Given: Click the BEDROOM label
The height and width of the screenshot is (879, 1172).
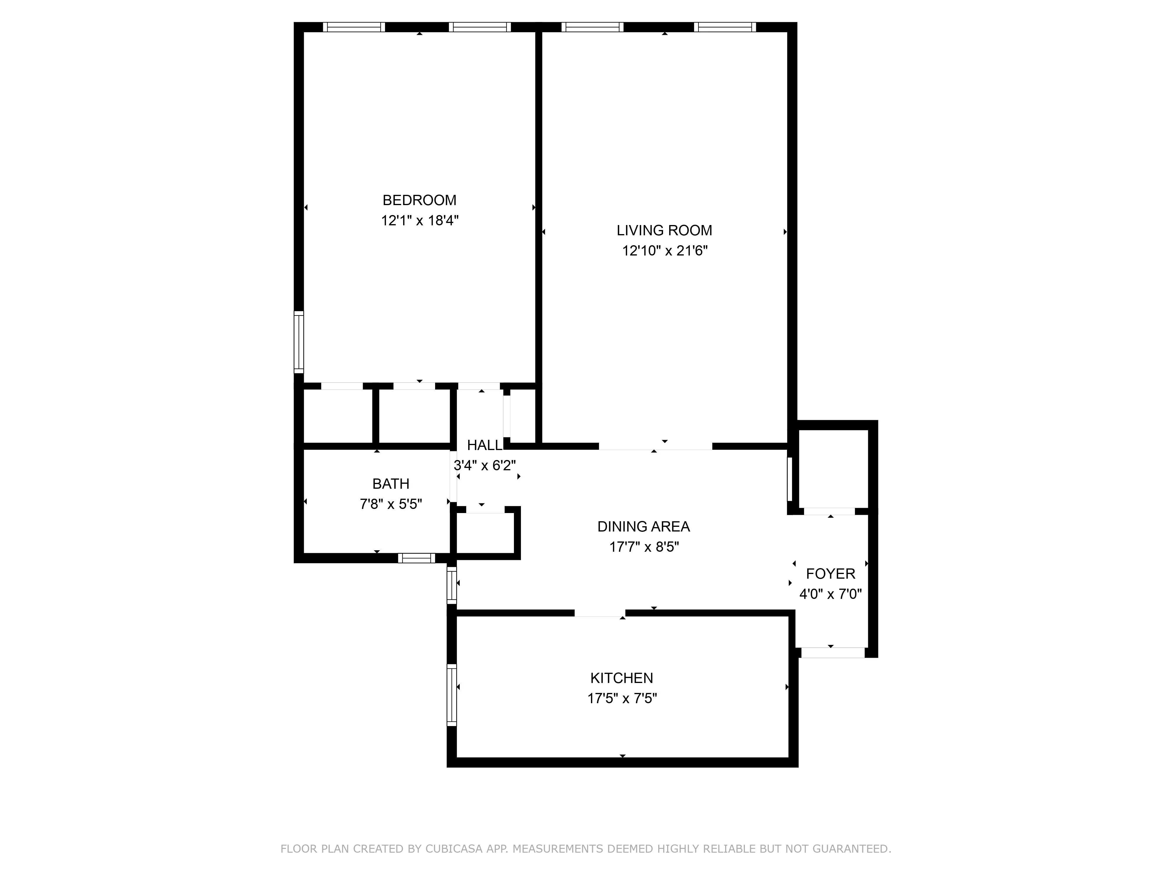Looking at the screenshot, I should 419,200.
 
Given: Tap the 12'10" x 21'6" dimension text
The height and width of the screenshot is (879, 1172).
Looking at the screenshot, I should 665,251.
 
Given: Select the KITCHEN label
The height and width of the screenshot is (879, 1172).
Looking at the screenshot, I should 621,678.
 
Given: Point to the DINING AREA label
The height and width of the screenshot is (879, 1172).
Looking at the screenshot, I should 643,527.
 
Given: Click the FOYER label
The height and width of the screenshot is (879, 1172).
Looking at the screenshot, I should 830,574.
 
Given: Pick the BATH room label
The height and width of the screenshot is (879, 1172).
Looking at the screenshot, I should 391,484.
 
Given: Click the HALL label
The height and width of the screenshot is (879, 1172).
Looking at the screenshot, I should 484,445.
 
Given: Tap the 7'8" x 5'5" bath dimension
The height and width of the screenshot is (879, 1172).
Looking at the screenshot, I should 391,504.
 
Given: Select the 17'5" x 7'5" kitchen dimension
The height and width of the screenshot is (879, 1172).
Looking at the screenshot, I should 621,698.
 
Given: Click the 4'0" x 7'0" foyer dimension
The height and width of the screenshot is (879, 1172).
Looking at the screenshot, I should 830,594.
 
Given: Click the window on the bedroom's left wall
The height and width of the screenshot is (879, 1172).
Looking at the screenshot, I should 299,342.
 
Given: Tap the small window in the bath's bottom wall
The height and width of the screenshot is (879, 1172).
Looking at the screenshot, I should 416,558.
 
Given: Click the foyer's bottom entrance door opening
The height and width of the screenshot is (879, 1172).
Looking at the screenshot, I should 832,653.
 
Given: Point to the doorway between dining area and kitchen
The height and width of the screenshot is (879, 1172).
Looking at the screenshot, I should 600,613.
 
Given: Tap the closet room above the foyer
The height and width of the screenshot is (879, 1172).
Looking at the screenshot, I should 832,469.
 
